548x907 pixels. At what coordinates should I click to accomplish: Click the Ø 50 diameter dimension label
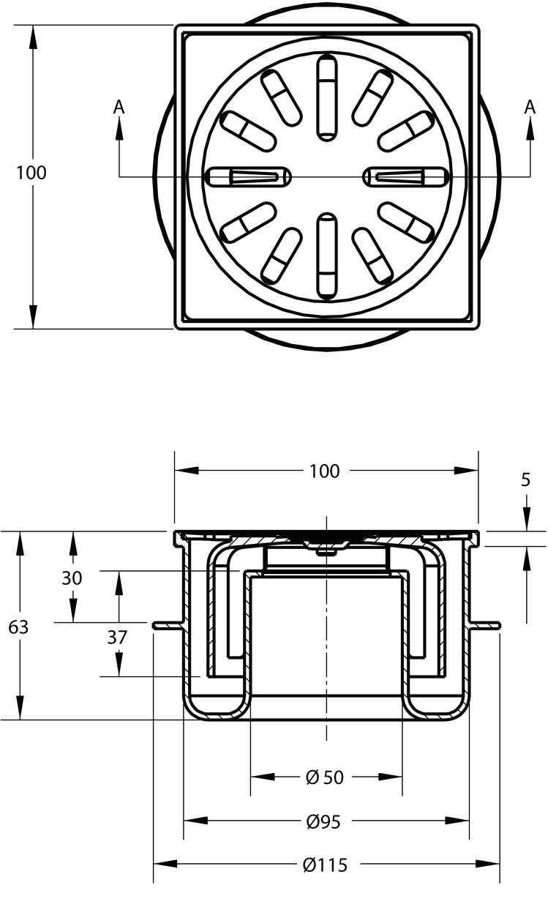(325, 777)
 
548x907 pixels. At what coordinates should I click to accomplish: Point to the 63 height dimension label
(18, 627)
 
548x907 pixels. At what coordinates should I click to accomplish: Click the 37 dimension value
(117, 638)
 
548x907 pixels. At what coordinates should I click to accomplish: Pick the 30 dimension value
(72, 578)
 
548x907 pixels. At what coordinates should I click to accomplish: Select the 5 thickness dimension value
(525, 479)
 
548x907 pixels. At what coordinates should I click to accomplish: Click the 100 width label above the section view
(325, 471)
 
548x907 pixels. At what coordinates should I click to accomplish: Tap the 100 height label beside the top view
(31, 173)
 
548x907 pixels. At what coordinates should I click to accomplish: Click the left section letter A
(119, 108)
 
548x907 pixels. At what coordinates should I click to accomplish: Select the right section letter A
(530, 108)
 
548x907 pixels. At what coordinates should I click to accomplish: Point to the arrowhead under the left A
(119, 129)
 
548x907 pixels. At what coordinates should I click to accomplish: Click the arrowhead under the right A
(530, 129)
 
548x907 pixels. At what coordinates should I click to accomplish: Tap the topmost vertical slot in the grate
(326, 97)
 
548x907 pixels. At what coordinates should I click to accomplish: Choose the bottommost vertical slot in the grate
(326, 257)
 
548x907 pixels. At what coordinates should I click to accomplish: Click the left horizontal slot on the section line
(249, 177)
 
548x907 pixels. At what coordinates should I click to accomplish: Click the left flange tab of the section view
(168, 627)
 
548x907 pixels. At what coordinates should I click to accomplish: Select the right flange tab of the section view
(485, 627)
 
